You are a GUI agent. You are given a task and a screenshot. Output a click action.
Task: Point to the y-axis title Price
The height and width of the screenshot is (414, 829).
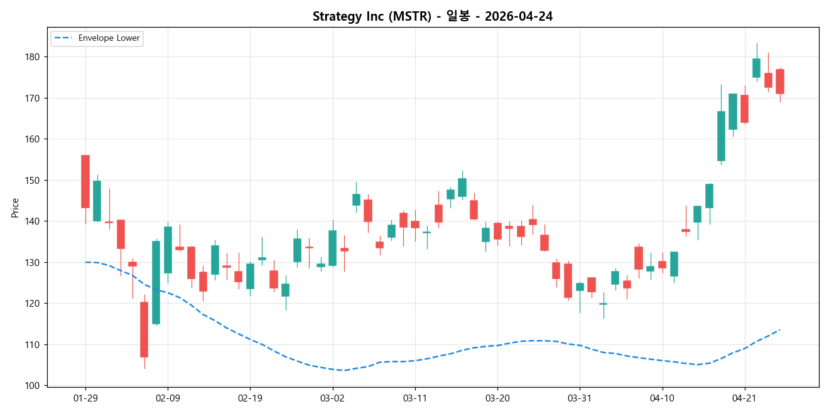[15, 208]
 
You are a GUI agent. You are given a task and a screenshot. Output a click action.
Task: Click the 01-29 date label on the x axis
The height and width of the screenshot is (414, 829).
[85, 398]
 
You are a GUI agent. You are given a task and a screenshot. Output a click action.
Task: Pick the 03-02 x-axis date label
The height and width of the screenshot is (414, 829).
[332, 398]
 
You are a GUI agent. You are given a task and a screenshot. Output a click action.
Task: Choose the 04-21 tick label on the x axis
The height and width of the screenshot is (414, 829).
[744, 398]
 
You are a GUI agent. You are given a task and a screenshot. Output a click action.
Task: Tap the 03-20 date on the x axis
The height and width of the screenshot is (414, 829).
[497, 398]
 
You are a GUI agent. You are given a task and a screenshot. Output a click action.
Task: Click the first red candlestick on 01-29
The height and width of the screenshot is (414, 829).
[85, 181]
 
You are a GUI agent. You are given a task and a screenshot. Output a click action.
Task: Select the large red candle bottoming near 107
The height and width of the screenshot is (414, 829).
[144, 329]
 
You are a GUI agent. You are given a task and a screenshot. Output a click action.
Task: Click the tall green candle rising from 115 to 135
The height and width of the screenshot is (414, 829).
[156, 282]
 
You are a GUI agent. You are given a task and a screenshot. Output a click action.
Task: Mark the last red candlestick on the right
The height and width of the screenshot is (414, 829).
[779, 82]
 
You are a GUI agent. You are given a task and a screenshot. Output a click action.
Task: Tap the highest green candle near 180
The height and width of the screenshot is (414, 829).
[756, 68]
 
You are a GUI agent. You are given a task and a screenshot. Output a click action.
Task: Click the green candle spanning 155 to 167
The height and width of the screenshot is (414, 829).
[721, 136]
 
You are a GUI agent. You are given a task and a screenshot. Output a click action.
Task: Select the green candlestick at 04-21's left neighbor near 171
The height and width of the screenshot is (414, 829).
[732, 112]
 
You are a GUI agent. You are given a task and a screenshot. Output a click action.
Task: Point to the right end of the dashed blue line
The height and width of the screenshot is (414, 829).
[779, 330]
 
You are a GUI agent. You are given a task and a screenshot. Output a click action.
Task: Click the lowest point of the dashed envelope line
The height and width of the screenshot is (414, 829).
[343, 370]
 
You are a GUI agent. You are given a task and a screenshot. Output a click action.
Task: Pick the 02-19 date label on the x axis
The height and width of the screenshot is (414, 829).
[250, 398]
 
